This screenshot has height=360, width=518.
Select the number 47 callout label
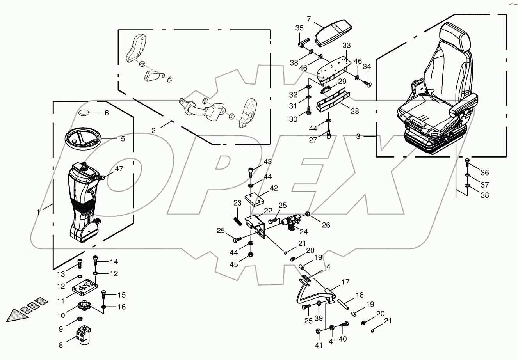point(119,169)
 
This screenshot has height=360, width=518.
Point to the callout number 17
point(346,282)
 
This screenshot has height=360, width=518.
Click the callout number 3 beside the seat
point(358,137)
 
